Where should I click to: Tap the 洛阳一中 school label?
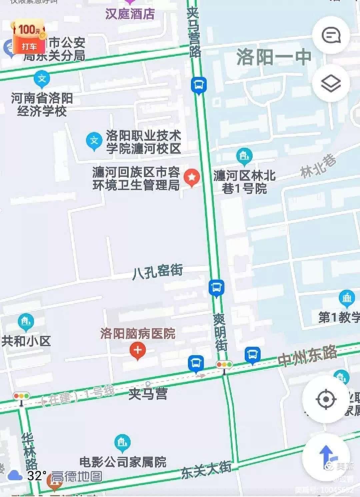[274, 57]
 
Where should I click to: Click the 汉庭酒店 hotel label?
[130, 14]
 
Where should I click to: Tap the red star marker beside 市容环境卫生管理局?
[192, 177]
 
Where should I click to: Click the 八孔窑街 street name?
[158, 271]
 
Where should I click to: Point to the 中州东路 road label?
[307, 356]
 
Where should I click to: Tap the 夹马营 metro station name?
[148, 394]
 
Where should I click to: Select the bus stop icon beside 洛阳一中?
[199, 85]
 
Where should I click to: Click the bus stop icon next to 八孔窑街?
[216, 287]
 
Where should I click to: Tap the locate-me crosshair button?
[326, 399]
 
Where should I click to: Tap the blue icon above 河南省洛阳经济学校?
[42, 79]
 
